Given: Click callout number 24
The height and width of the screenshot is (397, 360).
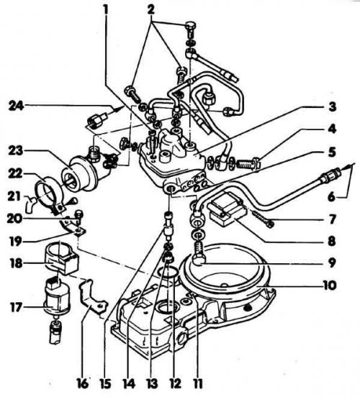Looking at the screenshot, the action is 17,106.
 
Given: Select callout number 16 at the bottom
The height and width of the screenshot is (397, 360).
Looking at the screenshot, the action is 83,383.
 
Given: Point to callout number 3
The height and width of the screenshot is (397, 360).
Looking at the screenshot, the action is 332,106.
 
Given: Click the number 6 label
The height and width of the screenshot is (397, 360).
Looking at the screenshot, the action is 331,197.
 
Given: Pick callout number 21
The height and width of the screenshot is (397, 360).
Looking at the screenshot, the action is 14,196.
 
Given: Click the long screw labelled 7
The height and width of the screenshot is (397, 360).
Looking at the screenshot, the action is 262,218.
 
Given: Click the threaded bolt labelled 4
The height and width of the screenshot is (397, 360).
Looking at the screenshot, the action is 248,165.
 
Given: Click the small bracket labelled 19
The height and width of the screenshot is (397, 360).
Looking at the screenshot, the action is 73,227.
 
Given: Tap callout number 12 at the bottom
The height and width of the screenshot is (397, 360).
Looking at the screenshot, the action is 174,383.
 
